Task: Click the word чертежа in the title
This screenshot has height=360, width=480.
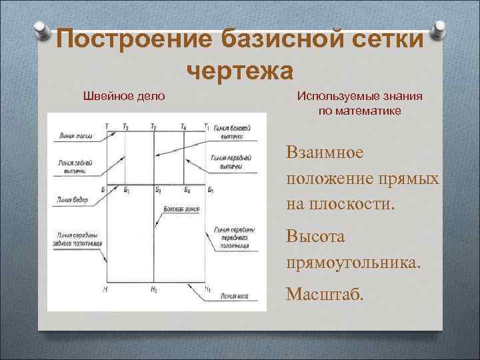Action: tap(240, 69)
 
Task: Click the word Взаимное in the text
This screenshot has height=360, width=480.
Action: tap(325, 152)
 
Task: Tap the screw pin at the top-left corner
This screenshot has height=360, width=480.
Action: tap(41, 31)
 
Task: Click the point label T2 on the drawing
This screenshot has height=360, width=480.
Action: tap(154, 126)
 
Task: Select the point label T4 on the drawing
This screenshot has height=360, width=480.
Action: tap(183, 126)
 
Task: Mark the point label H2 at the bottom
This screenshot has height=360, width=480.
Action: tap(154, 289)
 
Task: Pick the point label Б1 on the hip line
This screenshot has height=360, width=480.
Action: tap(211, 191)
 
